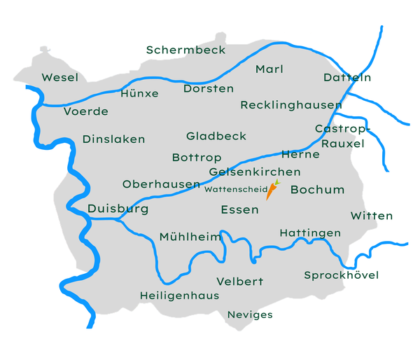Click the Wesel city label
pyautogui.click(x=59, y=78)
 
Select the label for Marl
pyautogui.click(x=269, y=69)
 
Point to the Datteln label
pyautogui.click(x=347, y=78)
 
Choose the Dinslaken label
pyautogui.click(x=113, y=139)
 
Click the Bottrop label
pyautogui.click(x=197, y=158)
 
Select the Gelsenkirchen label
pyautogui.click(x=255, y=172)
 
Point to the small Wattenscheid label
pyautogui.click(x=236, y=188)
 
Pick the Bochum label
pyautogui.click(x=318, y=190)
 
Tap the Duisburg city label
pyautogui.click(x=118, y=209)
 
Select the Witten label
pyautogui.click(x=372, y=216)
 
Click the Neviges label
pyautogui.click(x=250, y=314)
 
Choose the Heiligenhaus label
pyautogui.click(x=179, y=296)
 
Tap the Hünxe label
pyautogui.click(x=139, y=93)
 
